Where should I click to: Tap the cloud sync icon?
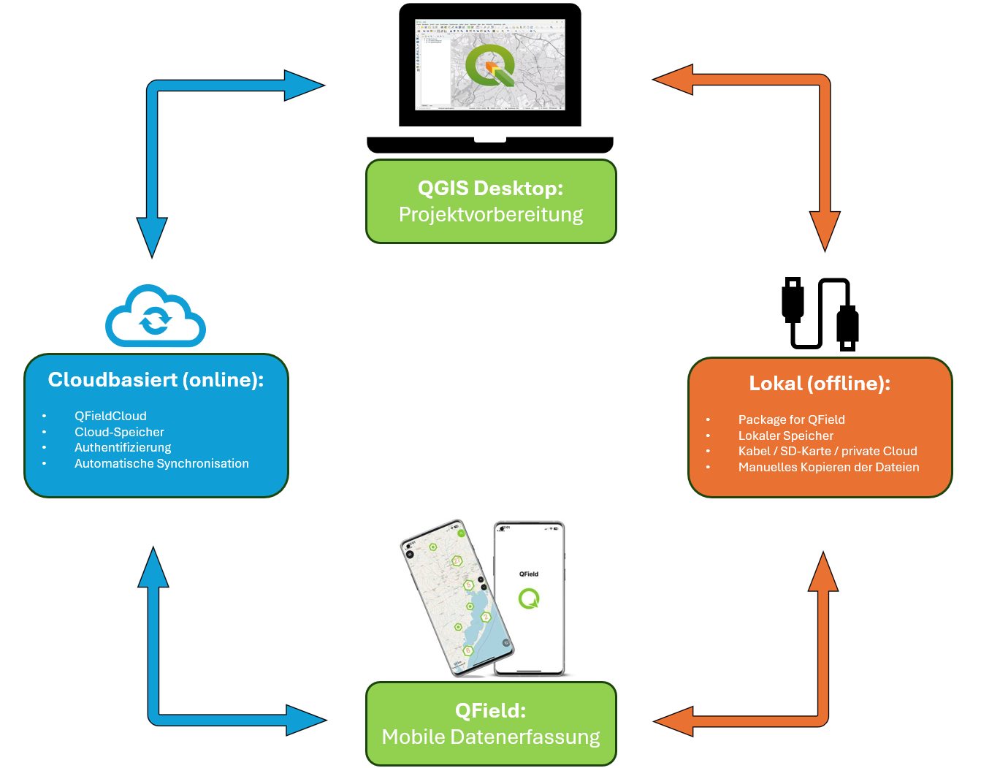[155, 318]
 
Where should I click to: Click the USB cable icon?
[820, 313]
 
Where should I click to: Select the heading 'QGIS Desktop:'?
[490, 188]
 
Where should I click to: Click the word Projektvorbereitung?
[490, 215]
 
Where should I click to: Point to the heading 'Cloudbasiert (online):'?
[156, 380]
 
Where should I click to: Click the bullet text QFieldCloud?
[110, 416]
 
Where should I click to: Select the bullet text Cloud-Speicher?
[119, 432]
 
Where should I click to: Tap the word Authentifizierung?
[123, 447]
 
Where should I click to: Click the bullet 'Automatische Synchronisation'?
[161, 463]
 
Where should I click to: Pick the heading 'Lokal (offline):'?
[820, 384]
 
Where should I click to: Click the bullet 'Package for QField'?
[791, 419]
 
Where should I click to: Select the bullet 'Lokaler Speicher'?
[785, 436]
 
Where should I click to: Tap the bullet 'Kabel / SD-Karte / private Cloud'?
[827, 451]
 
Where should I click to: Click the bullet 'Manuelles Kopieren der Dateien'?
[828, 467]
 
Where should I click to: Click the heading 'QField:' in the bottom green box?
[490, 710]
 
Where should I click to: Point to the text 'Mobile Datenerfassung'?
[490, 737]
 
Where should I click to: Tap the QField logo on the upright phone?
[529, 599]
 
